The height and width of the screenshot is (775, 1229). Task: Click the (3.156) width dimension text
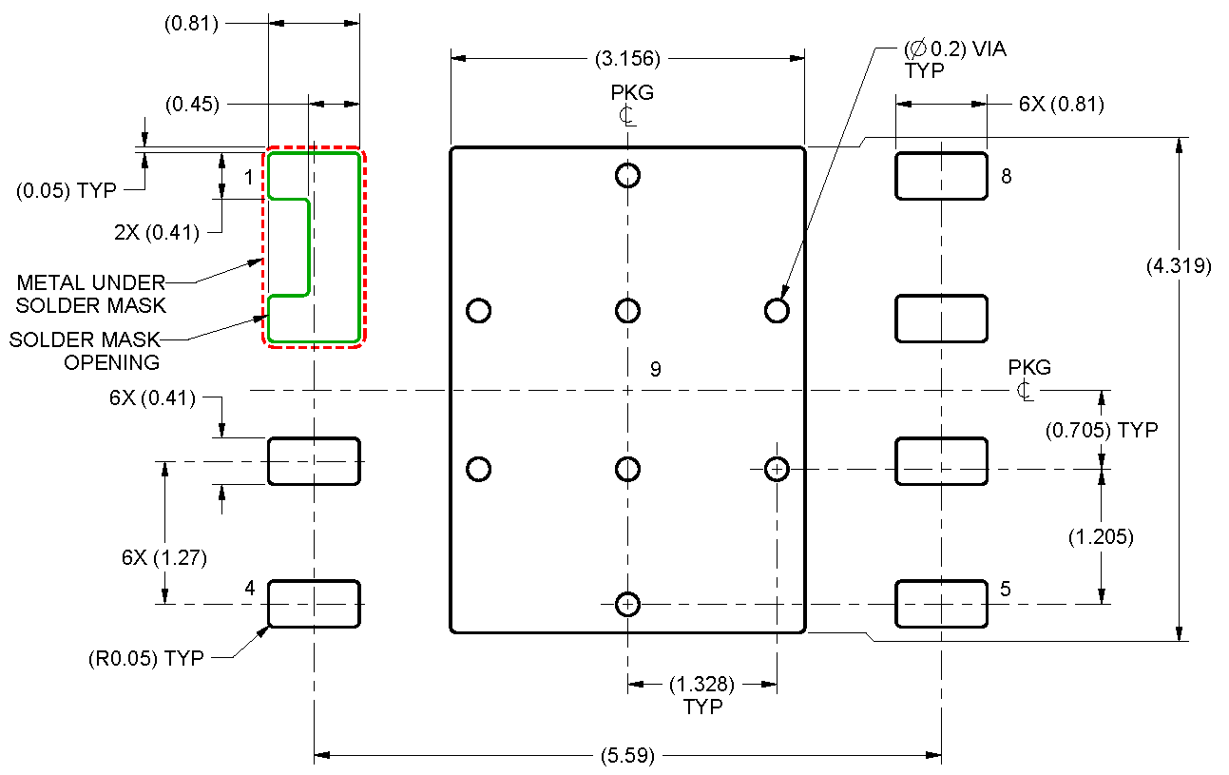627,59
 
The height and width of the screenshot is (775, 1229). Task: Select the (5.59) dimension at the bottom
627,756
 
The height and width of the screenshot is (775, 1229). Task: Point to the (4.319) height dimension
1179,266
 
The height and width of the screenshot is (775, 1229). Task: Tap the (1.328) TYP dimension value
702,684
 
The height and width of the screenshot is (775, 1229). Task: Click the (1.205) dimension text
1101,537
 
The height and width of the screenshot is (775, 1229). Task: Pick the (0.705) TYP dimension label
1102,430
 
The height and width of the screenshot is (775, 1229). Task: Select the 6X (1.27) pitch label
164,557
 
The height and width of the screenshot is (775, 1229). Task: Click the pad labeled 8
941,176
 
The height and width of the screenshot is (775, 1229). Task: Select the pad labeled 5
941,604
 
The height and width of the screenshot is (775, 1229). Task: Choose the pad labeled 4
314,604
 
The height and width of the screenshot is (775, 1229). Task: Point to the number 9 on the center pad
656,369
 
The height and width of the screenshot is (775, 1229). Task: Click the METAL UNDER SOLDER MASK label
91,294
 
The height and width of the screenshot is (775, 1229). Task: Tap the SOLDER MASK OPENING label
85,351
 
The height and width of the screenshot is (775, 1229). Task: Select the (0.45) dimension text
191,105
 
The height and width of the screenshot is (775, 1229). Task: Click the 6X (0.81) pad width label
1061,105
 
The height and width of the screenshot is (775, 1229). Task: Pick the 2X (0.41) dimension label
158,231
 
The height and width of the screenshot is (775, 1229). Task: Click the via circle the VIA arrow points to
777,311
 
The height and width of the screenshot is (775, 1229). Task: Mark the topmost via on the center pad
627,175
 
